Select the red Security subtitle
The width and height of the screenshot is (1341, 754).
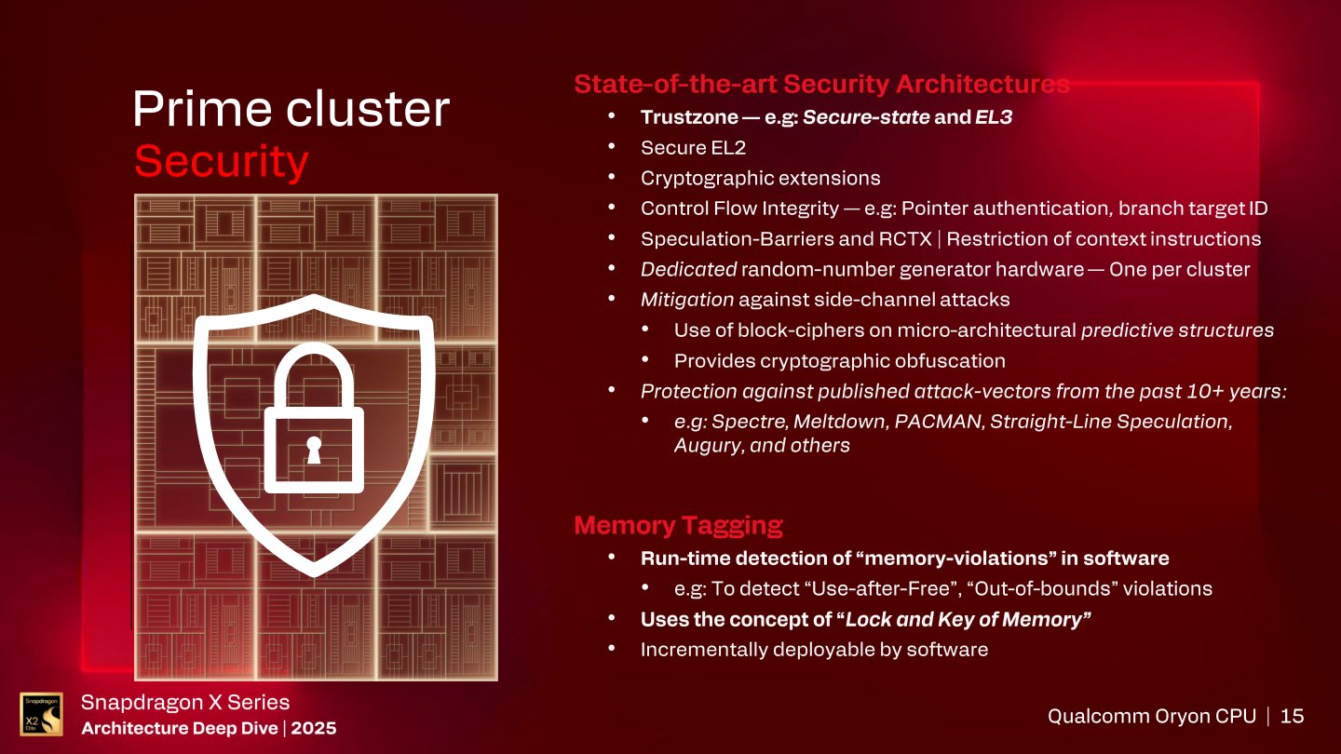tap(221, 161)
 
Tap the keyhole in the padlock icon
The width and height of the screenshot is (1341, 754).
tap(314, 451)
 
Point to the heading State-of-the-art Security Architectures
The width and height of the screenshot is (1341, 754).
tap(821, 85)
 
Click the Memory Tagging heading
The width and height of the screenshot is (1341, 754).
tap(678, 525)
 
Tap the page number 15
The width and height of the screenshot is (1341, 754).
tap(1293, 716)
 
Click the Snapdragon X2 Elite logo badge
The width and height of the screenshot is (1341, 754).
tap(41, 715)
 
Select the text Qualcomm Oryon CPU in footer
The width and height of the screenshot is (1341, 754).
tap(1151, 716)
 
